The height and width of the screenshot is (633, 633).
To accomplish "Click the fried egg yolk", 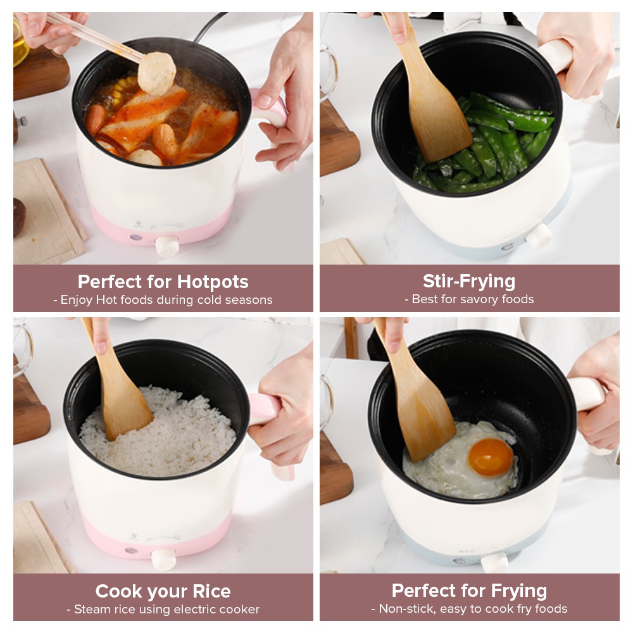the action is coord(491,458).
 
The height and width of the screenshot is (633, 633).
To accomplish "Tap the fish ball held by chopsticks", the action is coord(156,74).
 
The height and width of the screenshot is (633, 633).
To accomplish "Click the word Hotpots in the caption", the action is coord(213,282).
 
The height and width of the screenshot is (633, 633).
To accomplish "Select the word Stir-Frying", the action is coord(469,282).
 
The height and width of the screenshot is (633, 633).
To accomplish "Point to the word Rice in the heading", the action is coord(211,591).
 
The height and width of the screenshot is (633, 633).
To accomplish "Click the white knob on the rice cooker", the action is coord(163,559).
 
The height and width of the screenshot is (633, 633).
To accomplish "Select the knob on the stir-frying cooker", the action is coord(538,235).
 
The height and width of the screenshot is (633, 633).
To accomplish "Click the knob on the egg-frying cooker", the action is coord(495,562).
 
